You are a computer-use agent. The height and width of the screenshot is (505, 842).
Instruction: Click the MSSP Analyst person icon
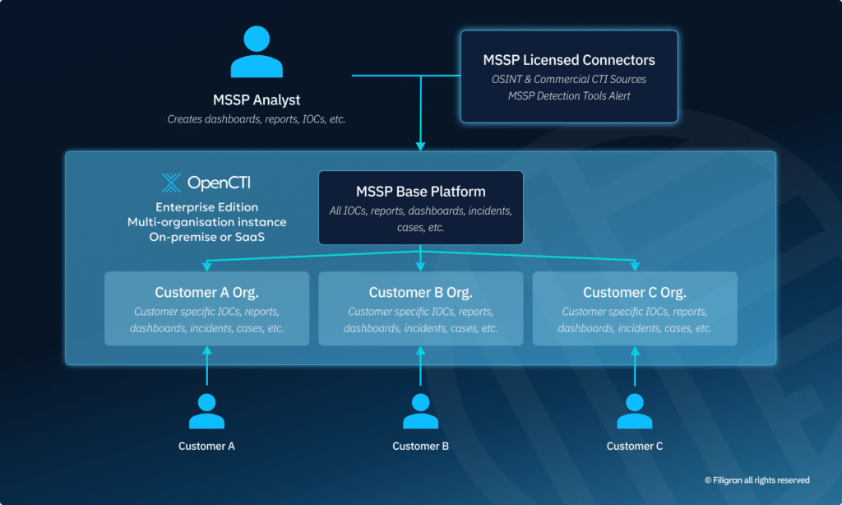pos(256,53)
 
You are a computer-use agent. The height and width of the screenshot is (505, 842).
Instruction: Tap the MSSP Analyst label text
pos(256,100)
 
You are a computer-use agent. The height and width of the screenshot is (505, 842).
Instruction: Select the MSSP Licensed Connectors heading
pos(569,60)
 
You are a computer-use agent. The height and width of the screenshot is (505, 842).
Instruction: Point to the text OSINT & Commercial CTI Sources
pos(569,80)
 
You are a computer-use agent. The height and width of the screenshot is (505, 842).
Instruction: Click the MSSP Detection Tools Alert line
pos(569,97)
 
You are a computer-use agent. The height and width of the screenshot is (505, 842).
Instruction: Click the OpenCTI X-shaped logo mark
pos(171,183)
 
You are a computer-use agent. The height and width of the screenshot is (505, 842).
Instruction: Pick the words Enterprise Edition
pos(207,206)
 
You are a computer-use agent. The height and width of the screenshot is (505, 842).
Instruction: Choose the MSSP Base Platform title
pos(420,192)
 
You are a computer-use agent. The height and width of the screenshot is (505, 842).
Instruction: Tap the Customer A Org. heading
pos(206,293)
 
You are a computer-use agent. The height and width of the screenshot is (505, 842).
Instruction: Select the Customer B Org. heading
pos(420,293)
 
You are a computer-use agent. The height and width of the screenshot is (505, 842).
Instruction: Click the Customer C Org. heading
pos(635,293)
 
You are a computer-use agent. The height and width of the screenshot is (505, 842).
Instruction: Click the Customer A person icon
pos(206,411)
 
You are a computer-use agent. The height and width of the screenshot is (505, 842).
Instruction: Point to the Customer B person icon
pos(420,411)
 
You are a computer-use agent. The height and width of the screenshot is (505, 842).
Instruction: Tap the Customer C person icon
pos(635,411)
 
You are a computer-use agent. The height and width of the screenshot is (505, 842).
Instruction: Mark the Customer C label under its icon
pos(635,446)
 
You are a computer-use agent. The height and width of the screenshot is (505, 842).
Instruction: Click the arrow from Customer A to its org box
pos(206,366)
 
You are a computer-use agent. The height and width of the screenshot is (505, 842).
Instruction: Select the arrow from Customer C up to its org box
pos(635,366)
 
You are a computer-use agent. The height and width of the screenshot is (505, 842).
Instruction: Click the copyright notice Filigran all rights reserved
pos(756,480)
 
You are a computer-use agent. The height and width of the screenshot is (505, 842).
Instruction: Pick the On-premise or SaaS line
pos(207,237)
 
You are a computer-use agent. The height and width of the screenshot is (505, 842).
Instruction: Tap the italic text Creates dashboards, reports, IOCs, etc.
pos(256,119)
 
